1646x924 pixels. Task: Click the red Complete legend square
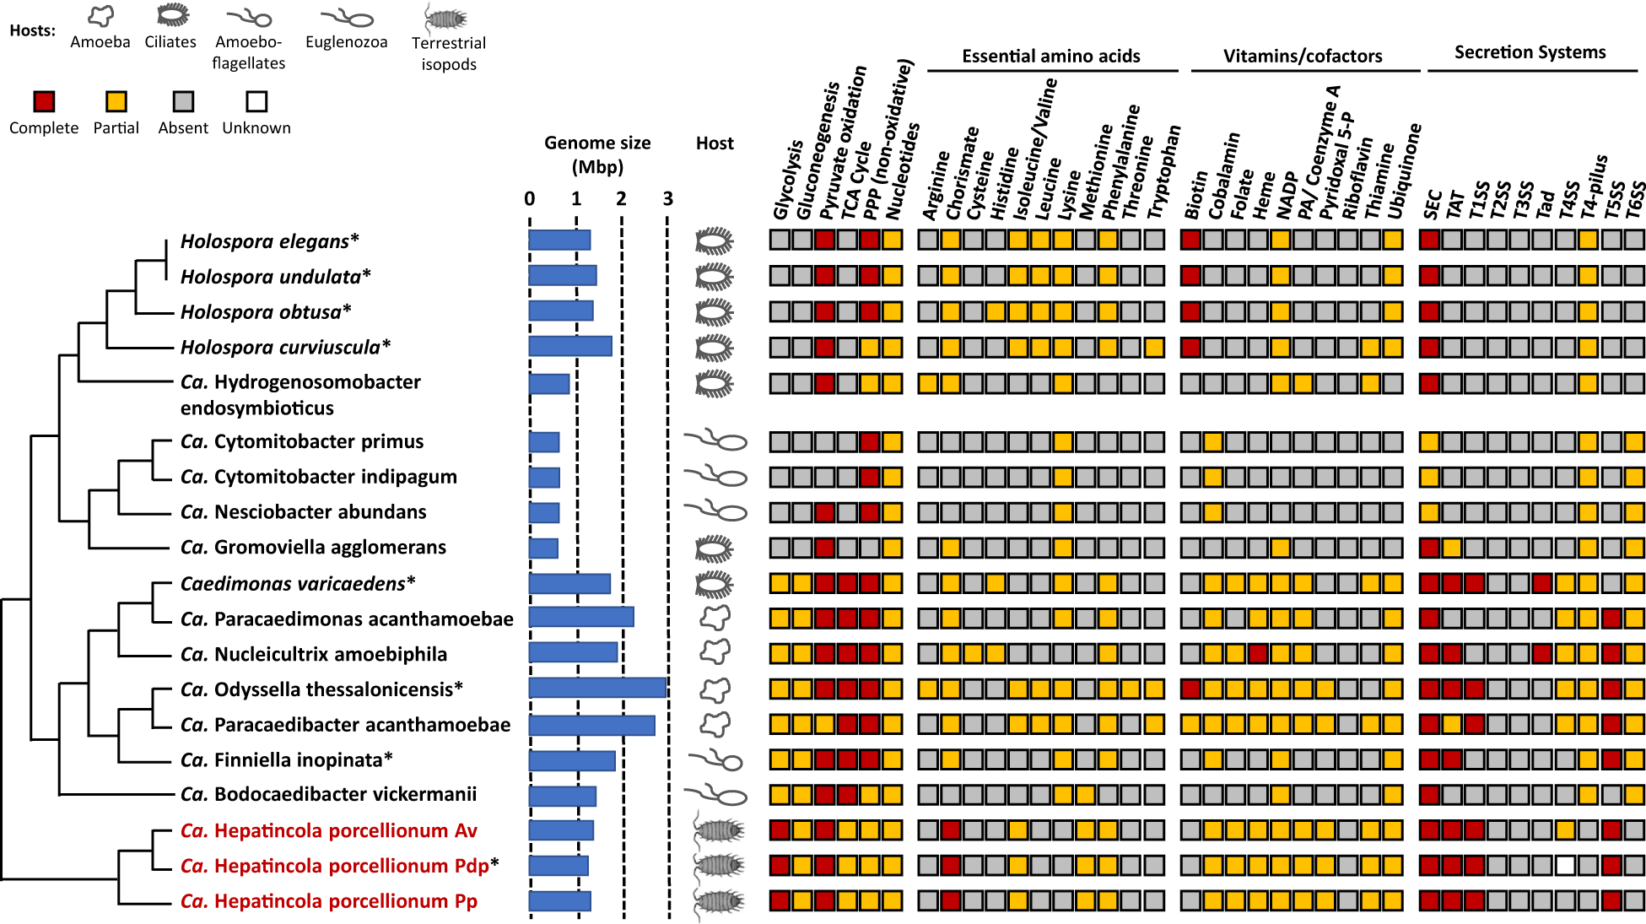[44, 102]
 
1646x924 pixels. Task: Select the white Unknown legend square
[256, 102]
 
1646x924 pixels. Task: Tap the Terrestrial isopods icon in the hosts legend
[447, 18]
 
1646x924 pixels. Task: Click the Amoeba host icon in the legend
[100, 15]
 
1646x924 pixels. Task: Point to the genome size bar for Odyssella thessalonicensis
[597, 688]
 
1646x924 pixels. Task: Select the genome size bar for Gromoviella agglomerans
[543, 548]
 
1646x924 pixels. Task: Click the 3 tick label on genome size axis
[667, 199]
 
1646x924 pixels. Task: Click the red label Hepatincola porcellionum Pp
[329, 901]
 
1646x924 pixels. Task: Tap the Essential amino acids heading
[1050, 57]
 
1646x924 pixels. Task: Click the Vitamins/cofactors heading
[1302, 57]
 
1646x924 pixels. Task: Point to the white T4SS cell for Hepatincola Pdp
[1565, 865]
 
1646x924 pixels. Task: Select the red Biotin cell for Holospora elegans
[1190, 239]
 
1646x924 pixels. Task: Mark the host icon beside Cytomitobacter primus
[715, 440]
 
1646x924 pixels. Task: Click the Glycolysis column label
[786, 181]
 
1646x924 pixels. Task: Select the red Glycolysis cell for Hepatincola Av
[780, 829]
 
